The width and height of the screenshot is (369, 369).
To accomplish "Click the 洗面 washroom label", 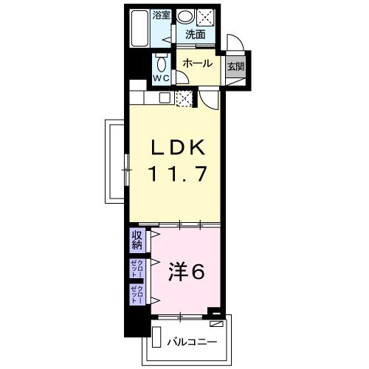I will [x=195, y=34].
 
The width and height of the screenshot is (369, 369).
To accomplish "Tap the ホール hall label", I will [x=197, y=63].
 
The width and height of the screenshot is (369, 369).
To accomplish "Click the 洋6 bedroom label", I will [x=189, y=271].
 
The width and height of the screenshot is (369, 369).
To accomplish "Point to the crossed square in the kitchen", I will [x=184, y=97].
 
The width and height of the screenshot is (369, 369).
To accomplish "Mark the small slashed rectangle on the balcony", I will [x=216, y=323].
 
